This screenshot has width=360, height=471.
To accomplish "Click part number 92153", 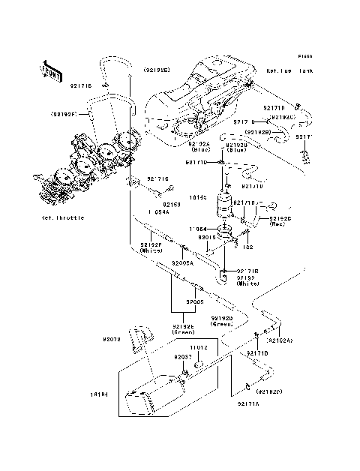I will tap(173, 203).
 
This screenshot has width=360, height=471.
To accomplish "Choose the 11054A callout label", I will tap(159, 211).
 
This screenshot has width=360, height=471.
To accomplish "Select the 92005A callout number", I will tap(182, 263).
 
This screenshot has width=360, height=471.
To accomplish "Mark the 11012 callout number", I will tap(197, 348).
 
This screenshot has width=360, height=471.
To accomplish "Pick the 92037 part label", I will tap(184, 357).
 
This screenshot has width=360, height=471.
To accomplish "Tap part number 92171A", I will tap(248, 404).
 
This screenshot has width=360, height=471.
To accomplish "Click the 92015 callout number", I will tap(207, 237).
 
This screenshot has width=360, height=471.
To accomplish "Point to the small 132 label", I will tap(248, 247).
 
